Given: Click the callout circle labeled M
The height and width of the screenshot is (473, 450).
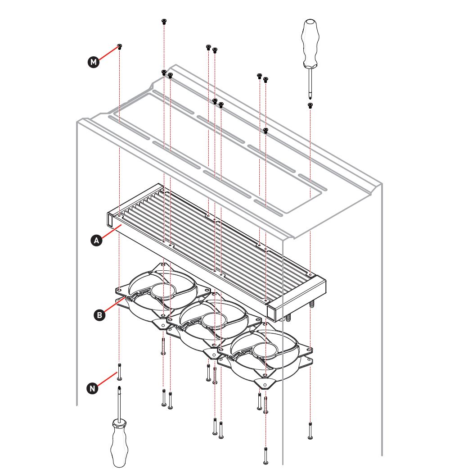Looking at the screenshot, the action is pos(94,62).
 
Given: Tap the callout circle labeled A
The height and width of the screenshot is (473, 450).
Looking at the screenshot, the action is pos(96,241).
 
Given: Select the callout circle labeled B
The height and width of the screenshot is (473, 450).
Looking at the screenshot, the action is pos(99,315).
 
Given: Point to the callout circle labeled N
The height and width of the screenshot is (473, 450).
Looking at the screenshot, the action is pos(93,388).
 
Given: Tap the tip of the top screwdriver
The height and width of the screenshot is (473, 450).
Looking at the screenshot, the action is pos(310,98).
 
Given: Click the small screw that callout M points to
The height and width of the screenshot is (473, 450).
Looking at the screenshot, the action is pos(120,47).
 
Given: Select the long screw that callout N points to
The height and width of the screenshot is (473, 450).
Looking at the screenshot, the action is pos(119,372).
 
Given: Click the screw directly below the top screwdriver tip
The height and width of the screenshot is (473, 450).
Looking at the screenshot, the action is pos(310,105).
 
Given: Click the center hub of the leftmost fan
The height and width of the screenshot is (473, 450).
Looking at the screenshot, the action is pos(163,290).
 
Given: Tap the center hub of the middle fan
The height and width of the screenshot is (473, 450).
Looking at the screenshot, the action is pos(214,320).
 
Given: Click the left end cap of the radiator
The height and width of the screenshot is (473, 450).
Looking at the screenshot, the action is pos(110,220).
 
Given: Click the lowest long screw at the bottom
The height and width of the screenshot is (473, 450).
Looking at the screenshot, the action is pos(265,456).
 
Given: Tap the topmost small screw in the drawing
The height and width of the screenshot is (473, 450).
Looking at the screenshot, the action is pos(164,22).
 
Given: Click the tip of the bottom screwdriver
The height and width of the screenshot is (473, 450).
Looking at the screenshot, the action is pos(119,387).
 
